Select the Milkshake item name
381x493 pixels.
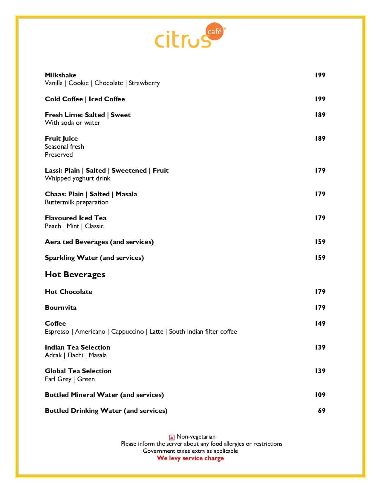(60, 75)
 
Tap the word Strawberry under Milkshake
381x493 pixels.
(144, 83)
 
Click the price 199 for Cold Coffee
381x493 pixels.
(320, 99)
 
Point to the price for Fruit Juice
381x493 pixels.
(320, 138)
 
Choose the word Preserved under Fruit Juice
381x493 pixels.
(59, 154)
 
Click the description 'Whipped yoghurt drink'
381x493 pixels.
(77, 178)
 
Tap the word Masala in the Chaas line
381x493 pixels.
(126, 194)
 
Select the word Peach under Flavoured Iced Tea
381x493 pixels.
(53, 226)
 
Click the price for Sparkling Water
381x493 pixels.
(320, 258)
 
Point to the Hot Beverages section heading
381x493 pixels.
(75, 274)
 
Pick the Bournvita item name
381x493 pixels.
(61, 307)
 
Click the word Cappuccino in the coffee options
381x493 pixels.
(127, 332)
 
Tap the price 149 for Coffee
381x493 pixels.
(320, 323)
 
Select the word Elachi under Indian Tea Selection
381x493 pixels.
(75, 355)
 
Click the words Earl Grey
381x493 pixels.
(58, 379)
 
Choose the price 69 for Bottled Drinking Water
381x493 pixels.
(322, 411)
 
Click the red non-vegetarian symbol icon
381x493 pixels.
(172, 437)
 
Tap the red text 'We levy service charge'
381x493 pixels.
(190, 458)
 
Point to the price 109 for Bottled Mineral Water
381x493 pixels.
(320, 395)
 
